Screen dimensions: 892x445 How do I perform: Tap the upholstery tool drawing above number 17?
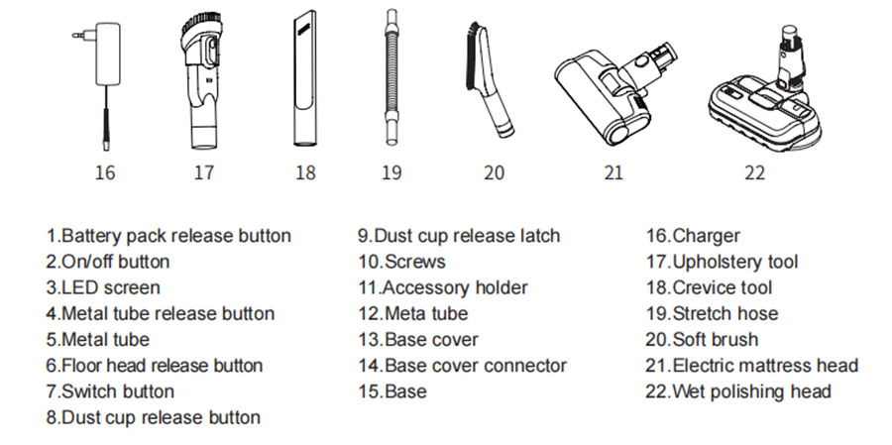pos(202,82)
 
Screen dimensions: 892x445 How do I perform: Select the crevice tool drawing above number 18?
pos(305,78)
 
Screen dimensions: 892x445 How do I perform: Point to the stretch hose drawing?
pos(391,77)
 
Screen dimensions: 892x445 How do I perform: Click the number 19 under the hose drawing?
pos(391,171)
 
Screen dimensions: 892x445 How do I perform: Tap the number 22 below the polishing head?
pos(754,171)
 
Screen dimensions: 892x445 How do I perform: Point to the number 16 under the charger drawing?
pos(105,171)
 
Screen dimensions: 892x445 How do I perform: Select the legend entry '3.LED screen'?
pos(103,287)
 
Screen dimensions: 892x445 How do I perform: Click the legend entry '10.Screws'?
pos(401,262)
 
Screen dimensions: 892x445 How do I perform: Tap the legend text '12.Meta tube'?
pos(413,313)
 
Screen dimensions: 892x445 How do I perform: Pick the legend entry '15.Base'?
pos(392,391)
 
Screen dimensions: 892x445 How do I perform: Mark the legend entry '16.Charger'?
pos(693,236)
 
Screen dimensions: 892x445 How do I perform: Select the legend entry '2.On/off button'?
pos(108,262)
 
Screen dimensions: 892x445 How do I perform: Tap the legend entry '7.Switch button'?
pos(110,391)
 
